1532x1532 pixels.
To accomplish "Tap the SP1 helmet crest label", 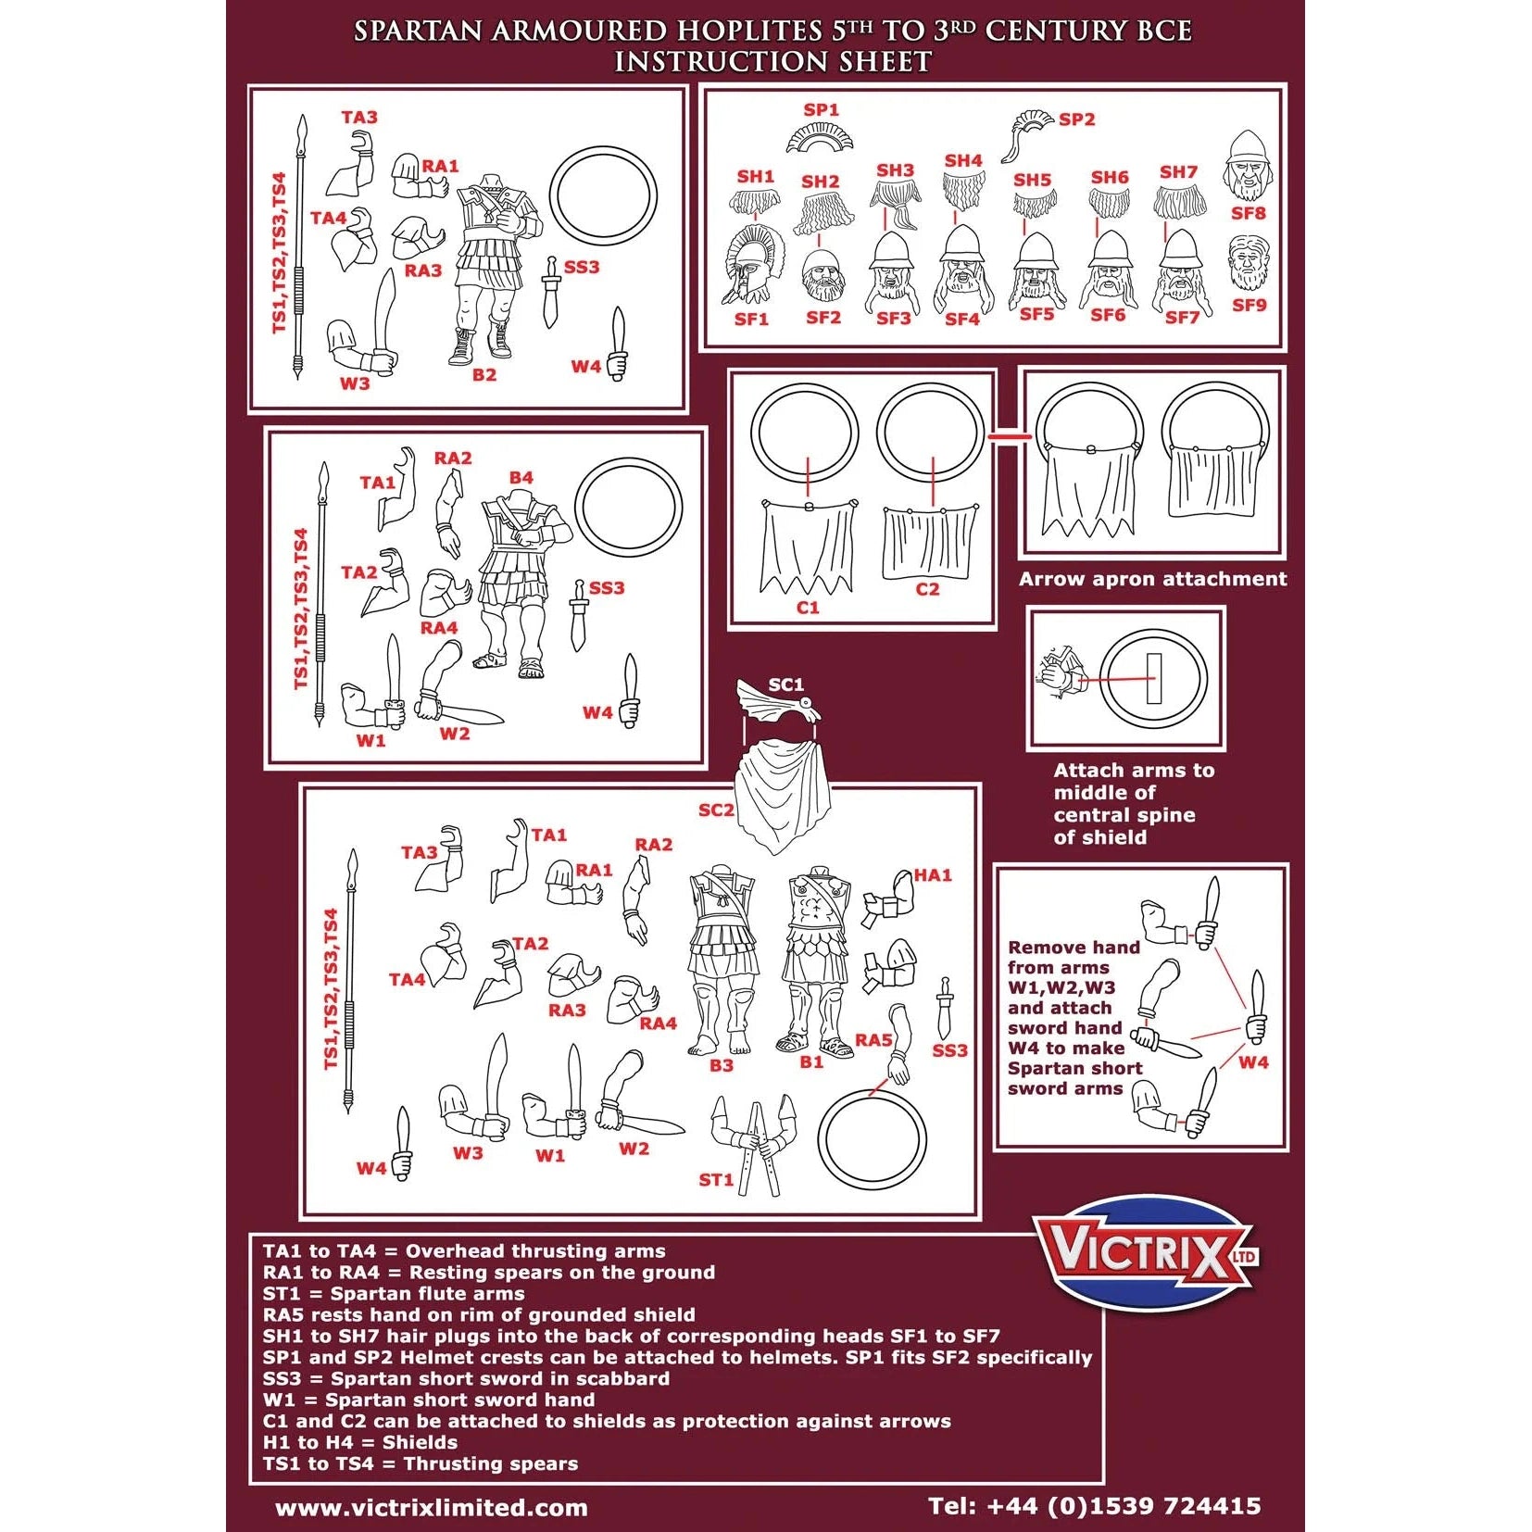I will point(821,110).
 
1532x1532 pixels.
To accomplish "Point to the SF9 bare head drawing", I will point(1248,263).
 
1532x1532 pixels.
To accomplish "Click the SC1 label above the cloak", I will point(785,684).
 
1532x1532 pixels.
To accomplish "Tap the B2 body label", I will point(484,375).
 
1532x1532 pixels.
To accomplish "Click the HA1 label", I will point(932,874).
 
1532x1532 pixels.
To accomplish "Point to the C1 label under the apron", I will point(808,608).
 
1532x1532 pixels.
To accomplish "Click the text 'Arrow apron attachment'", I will point(1152,579).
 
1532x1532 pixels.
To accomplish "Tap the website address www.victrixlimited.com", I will point(431,1507).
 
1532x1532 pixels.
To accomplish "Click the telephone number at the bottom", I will point(1094,1505).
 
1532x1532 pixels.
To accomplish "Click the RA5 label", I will point(873,1040).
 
